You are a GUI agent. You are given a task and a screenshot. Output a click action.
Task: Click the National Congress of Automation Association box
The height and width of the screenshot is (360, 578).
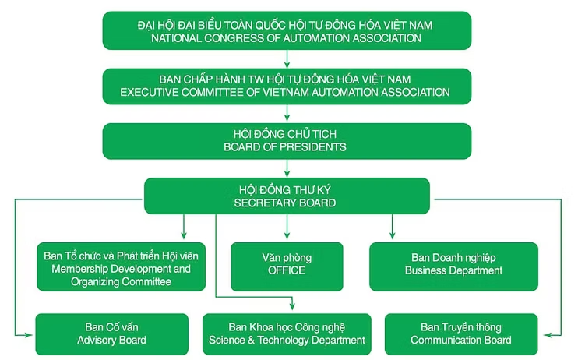pyautogui.click(x=287, y=31)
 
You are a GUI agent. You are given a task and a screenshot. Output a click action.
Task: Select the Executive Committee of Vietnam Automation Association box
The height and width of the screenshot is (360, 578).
pyautogui.click(x=287, y=86)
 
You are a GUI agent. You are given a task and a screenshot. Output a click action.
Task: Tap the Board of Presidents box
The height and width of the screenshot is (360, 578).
pyautogui.click(x=287, y=140)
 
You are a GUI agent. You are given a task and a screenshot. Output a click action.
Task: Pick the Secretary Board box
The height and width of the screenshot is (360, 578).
pyautogui.click(x=287, y=196)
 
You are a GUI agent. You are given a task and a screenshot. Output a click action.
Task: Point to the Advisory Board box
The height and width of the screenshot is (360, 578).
pyautogui.click(x=112, y=334)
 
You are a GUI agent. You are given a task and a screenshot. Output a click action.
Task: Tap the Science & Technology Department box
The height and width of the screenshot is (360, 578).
pyautogui.click(x=287, y=334)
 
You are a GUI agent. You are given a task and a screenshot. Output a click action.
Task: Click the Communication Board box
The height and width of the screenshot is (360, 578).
pyautogui.click(x=466, y=334)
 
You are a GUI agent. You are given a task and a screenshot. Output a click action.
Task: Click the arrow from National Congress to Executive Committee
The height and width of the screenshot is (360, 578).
pyautogui.click(x=287, y=58)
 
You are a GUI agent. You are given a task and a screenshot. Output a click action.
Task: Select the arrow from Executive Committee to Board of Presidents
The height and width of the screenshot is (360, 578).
pyautogui.click(x=287, y=114)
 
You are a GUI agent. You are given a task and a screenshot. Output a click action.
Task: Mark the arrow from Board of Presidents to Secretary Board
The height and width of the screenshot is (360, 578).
pyautogui.click(x=287, y=168)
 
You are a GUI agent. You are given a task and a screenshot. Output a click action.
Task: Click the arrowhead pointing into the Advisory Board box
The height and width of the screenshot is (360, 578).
pyautogui.click(x=30, y=334)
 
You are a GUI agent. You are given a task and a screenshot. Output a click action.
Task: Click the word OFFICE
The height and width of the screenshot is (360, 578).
pyautogui.click(x=287, y=270)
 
